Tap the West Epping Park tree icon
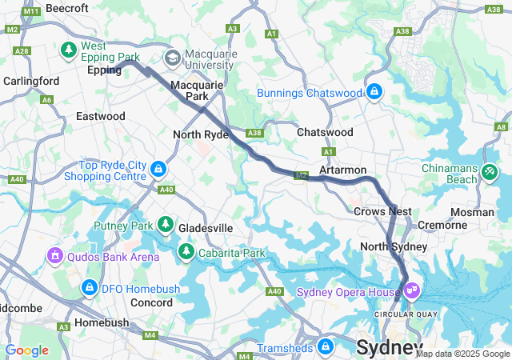[x=69, y=50]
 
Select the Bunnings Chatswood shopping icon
[x=374, y=93]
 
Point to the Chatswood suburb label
[x=324, y=132]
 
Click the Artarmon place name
[x=342, y=170]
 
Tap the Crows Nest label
[x=382, y=211]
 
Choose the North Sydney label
[x=394, y=246]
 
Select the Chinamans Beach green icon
[x=490, y=171]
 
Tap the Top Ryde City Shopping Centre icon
[x=158, y=170]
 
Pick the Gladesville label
[x=206, y=228]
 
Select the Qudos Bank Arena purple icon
[x=55, y=256]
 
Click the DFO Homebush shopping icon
[x=90, y=287]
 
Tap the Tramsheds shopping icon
[x=325, y=347]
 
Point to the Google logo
[x=27, y=350]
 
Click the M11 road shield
[x=32, y=12]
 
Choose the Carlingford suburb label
[x=31, y=81]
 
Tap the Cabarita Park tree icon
[x=186, y=254]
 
